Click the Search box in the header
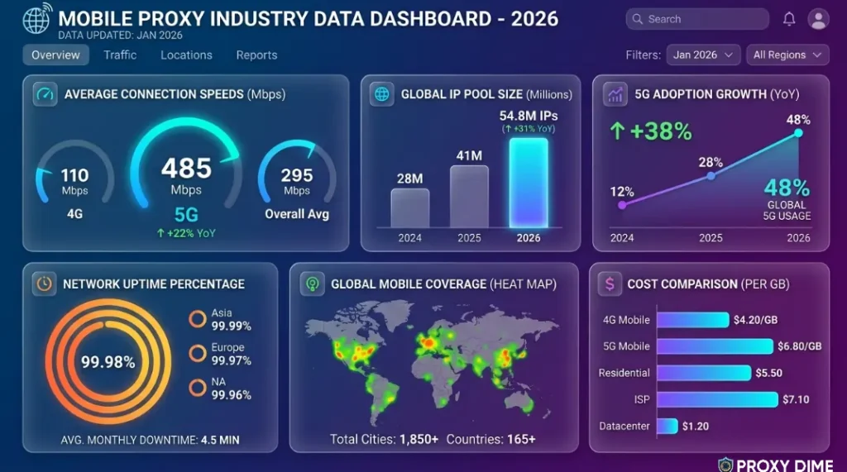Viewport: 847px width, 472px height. pos(697,19)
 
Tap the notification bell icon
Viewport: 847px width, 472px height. pos(789,19)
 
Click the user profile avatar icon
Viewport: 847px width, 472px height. pos(817,19)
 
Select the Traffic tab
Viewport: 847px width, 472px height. pos(120,55)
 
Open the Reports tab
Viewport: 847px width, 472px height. pos(256,55)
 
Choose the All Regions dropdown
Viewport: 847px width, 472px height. pos(787,55)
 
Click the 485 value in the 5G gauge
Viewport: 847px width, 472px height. pos(186,169)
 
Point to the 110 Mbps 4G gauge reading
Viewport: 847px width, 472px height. pos(74,175)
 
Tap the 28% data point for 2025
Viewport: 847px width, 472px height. pos(710,176)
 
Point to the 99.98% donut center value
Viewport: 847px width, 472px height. pos(108,362)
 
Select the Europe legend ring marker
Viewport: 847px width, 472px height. pos(197,353)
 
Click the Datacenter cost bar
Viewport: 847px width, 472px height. pos(668,426)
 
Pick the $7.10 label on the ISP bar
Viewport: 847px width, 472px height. pos(795,399)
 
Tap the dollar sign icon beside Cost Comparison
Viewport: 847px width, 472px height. pos(610,284)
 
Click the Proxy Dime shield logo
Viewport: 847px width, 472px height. pos(725,465)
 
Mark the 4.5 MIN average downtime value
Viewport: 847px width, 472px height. pos(220,440)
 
